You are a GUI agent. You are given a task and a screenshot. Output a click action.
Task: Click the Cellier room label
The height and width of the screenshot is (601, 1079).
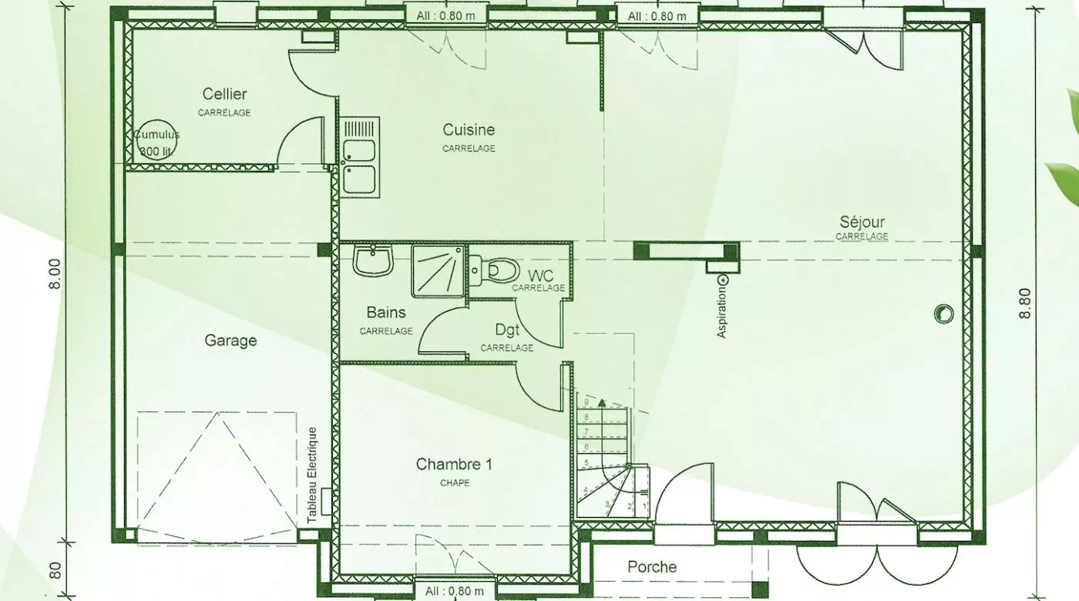[224, 93]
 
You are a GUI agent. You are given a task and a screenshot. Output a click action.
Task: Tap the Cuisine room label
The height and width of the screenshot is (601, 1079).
[469, 129]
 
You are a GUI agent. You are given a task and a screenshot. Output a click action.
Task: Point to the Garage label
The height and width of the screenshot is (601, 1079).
[230, 341]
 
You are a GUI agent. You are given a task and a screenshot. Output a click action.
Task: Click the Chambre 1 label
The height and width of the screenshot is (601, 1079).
[454, 464]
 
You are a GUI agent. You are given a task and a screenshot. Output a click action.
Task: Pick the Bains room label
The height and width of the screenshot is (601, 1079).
[386, 312]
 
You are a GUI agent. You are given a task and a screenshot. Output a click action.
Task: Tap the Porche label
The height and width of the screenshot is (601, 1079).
[652, 567]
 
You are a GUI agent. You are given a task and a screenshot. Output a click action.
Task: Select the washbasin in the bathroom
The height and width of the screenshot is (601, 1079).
[373, 260]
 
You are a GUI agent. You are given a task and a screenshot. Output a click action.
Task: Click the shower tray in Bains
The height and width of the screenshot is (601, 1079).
[438, 271]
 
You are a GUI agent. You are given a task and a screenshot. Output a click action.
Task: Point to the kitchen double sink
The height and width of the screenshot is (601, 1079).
[360, 157]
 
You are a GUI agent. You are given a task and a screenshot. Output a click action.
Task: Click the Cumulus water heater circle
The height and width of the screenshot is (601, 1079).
[155, 139]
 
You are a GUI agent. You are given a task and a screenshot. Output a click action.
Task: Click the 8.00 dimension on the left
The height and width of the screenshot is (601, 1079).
[55, 274]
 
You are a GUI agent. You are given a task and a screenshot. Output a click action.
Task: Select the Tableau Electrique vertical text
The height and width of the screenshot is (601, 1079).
[312, 475]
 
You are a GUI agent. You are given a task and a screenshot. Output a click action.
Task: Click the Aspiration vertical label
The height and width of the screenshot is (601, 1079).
[721, 312]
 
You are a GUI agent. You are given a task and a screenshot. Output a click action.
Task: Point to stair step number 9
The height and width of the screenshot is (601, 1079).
[587, 402]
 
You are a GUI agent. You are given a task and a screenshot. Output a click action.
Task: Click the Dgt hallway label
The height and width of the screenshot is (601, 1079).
[507, 330]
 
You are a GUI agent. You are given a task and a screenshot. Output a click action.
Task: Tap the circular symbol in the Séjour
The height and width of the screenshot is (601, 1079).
[943, 314]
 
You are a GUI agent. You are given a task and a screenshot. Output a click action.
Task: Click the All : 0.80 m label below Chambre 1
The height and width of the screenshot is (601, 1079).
[455, 591]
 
